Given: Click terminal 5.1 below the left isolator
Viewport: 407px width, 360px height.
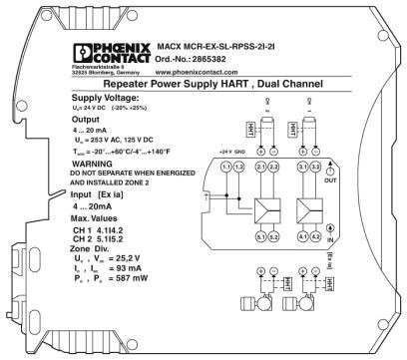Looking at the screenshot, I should [x=261, y=236].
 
